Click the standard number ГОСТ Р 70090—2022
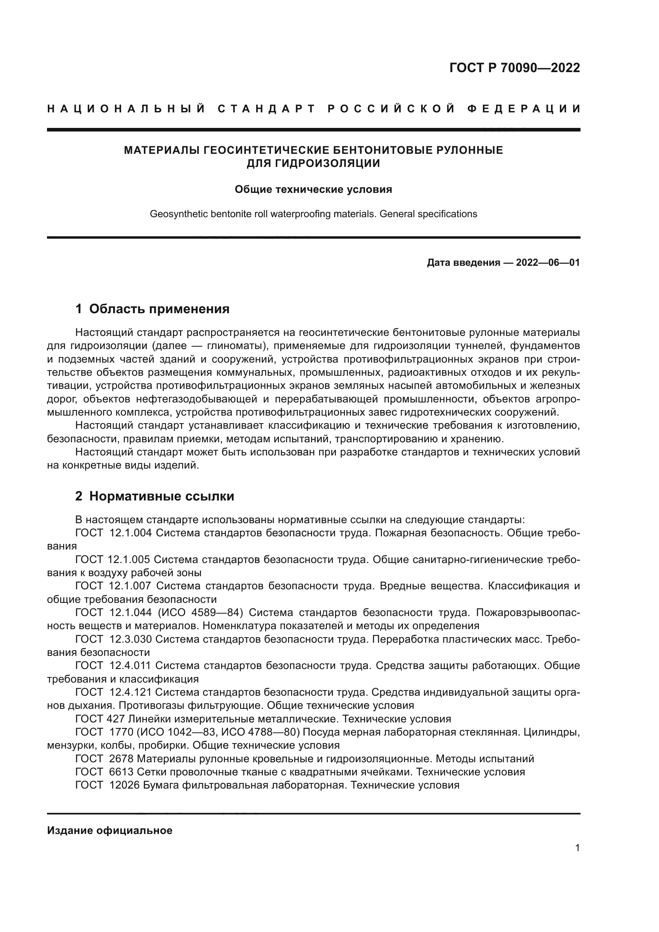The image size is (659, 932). (x=514, y=68)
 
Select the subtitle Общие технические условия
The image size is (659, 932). (x=313, y=190)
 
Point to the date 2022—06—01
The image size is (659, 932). (x=547, y=263)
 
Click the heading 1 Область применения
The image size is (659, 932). (x=152, y=309)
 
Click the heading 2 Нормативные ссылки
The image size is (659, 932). (x=155, y=496)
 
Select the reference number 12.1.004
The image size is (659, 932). (x=130, y=533)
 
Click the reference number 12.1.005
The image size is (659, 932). (x=129, y=560)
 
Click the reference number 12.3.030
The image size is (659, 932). (x=130, y=639)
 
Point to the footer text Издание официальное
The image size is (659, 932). (x=110, y=830)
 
